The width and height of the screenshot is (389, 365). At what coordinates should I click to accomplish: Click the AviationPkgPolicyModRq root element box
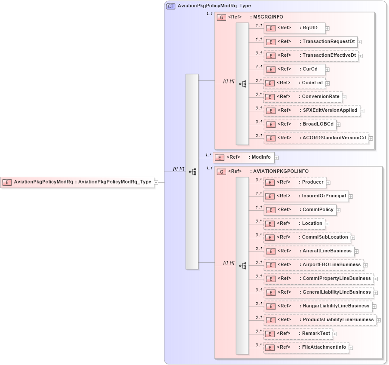[x=77, y=182]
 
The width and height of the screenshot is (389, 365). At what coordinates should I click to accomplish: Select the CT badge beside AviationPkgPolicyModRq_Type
[x=171, y=6]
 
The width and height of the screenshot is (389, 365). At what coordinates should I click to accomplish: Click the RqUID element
[x=294, y=28]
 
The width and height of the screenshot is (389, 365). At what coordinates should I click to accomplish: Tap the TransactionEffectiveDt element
[x=311, y=55]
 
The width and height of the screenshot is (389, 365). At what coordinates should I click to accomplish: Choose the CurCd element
[x=294, y=69]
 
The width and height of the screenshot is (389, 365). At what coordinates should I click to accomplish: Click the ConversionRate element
[x=303, y=97]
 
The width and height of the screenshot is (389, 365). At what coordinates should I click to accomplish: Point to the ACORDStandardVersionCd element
[x=316, y=138]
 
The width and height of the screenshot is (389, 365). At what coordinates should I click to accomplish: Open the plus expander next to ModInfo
[x=277, y=158]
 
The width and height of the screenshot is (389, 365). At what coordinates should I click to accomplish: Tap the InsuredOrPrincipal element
[x=306, y=196]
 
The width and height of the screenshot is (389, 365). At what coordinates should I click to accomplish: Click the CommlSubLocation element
[x=306, y=237]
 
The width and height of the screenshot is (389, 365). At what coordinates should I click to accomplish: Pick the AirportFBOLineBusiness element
[x=313, y=265]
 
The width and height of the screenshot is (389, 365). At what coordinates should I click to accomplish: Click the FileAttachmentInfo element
[x=306, y=347]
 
